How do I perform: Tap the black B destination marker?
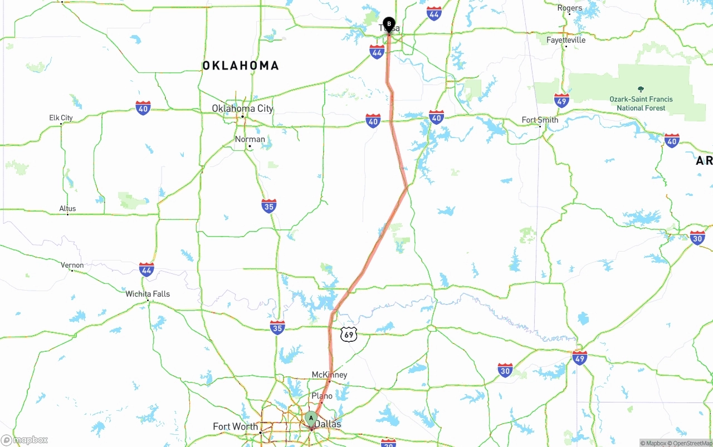point(389,24)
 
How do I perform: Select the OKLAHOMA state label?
point(241,66)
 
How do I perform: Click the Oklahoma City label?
point(242,108)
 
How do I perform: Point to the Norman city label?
point(250,139)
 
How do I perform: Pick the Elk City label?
point(61,117)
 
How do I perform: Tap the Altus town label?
point(67,209)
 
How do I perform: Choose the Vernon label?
point(72,265)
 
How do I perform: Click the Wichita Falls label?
point(148,294)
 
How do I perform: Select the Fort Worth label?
point(235,426)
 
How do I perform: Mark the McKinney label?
point(329,375)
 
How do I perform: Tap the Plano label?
point(322,396)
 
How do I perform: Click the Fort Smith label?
point(540,120)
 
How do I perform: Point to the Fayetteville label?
point(566,40)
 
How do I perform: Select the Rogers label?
point(570,8)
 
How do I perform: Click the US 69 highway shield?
point(348,334)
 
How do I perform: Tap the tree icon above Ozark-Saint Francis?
point(641,89)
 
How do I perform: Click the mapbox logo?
point(25,440)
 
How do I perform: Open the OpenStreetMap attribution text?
point(692,443)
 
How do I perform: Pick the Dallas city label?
point(328,424)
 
